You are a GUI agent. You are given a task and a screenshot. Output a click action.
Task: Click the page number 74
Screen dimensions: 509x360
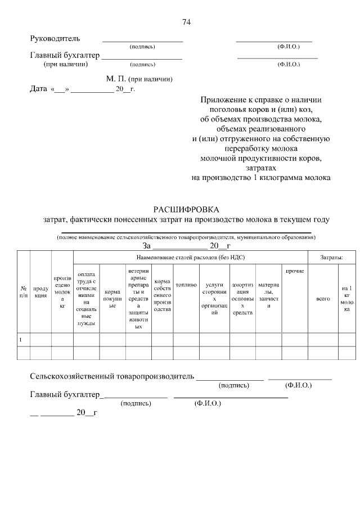187,22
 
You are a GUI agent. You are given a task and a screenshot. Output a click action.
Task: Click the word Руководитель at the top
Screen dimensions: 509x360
55,39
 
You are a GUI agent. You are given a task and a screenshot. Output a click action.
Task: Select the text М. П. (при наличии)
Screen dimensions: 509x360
139,79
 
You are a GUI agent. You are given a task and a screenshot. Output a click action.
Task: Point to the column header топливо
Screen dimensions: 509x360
186,285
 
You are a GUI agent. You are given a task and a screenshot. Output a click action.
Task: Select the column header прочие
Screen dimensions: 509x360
294,272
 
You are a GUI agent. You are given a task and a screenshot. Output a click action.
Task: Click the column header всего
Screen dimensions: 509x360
323,299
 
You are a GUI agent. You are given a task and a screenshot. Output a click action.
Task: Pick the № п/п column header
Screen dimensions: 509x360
23,291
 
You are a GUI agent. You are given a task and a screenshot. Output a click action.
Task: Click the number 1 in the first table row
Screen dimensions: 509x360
21,340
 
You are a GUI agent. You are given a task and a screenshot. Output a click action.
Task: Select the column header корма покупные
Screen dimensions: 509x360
112,295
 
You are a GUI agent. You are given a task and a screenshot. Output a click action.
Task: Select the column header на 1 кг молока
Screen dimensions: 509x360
346,299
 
